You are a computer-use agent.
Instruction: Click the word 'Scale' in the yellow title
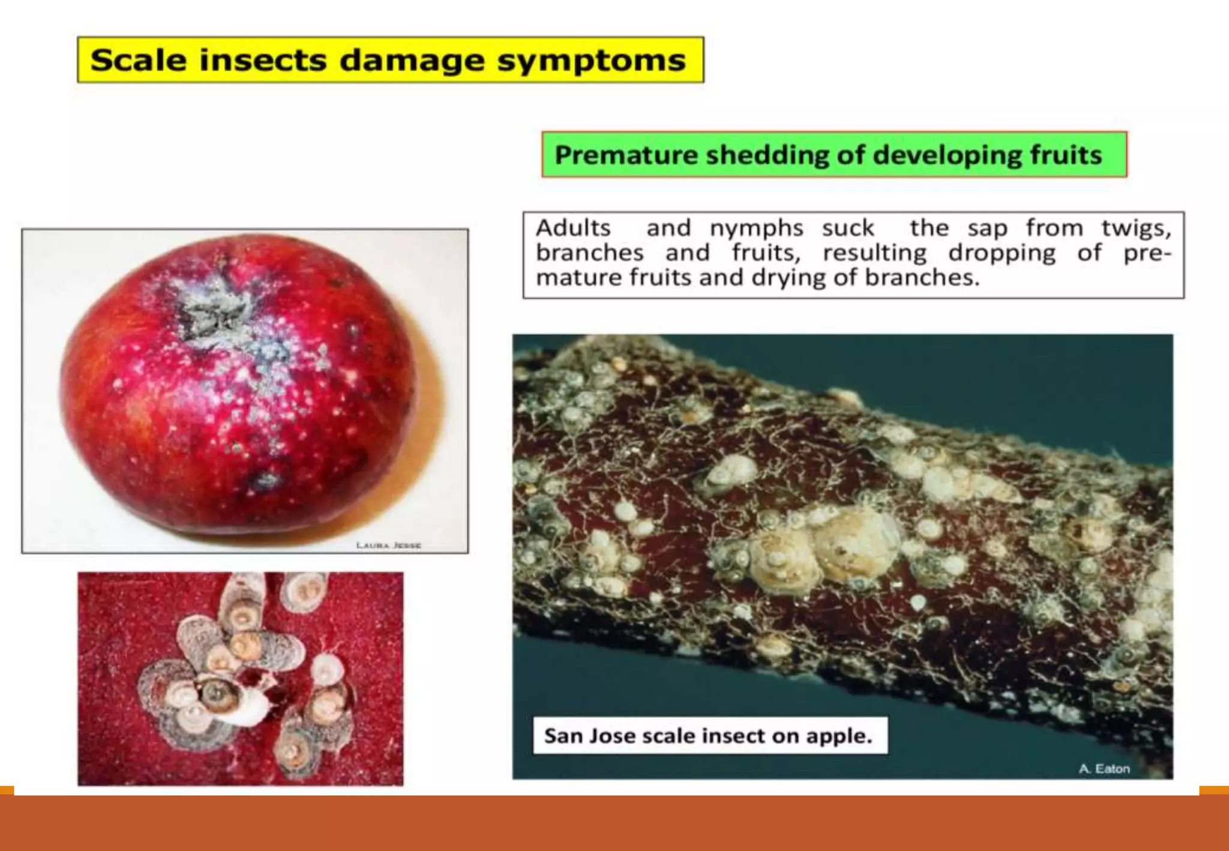pos(138,60)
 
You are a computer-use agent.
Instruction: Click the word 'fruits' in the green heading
pos(1066,155)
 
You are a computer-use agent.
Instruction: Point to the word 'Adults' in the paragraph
pos(573,228)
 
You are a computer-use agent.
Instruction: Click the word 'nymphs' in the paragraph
pos(756,228)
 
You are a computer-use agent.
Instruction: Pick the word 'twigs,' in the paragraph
pos(1136,228)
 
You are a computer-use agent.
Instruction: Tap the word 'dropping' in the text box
pos(1002,253)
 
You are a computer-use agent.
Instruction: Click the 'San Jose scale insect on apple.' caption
pos(709,735)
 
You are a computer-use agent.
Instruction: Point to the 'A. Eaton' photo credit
pos(1104,769)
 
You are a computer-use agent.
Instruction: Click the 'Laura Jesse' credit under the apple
pos(388,545)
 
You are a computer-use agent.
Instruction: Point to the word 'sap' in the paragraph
pos(987,228)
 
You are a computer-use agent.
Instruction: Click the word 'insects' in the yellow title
pos(263,60)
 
